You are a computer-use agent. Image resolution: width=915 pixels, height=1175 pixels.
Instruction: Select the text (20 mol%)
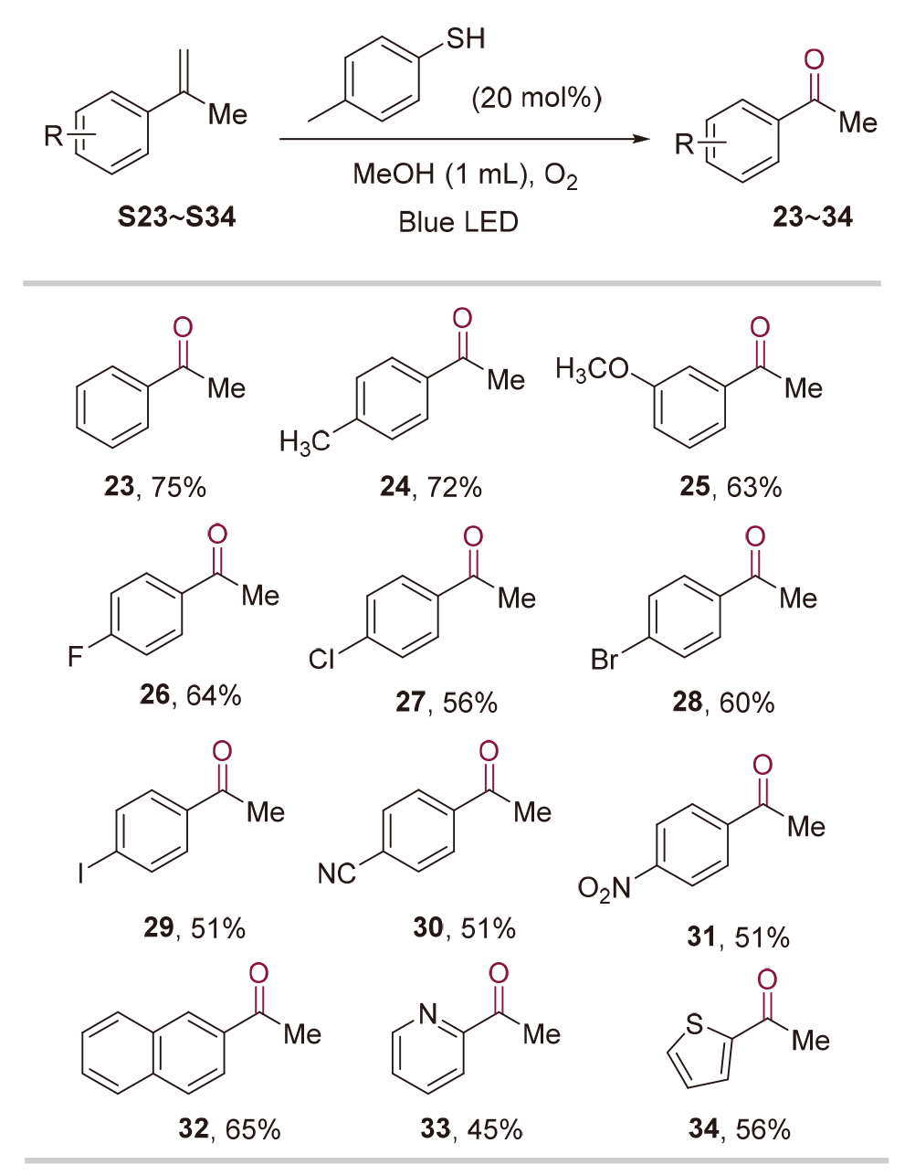(536, 97)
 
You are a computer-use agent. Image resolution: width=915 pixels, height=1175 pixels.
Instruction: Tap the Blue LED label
(458, 222)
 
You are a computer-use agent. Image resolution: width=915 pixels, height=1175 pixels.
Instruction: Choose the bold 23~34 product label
(813, 217)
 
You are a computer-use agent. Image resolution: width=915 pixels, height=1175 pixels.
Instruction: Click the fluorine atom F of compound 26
(75, 656)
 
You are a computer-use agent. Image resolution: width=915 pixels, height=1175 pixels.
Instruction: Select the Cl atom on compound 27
(321, 659)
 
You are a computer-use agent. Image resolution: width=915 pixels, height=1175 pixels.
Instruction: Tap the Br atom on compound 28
(605, 659)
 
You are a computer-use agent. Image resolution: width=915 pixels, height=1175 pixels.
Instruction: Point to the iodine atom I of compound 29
(81, 873)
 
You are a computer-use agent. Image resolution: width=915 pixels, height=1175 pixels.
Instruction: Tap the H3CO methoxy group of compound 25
(593, 369)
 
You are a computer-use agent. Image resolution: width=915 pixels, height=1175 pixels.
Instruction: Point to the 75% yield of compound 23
(179, 487)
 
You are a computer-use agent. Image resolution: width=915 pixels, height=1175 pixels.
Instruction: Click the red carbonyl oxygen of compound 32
(259, 972)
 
